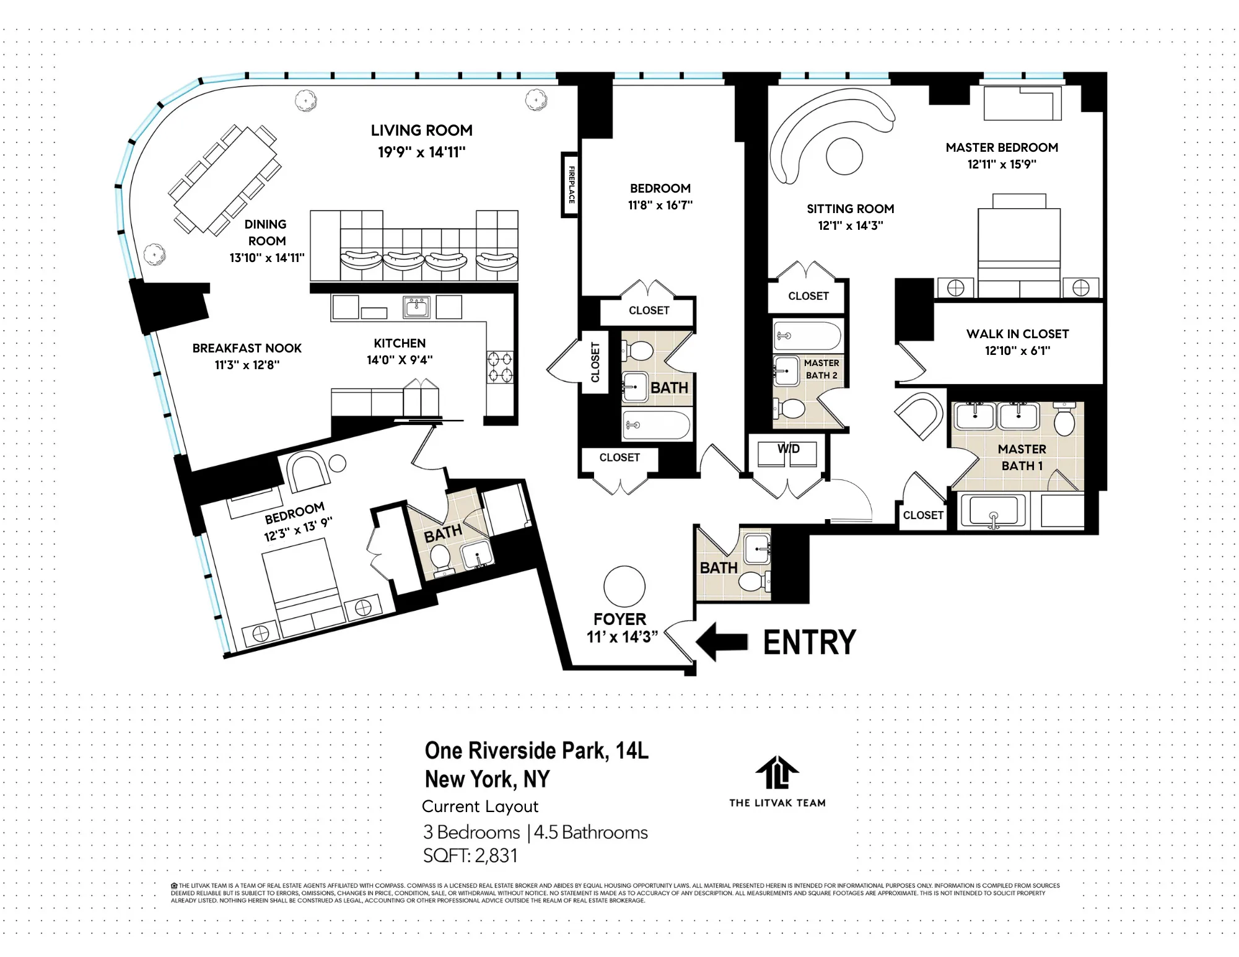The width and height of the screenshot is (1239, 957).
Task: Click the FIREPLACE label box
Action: (x=571, y=185)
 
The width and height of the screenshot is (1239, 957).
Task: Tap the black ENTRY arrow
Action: (x=722, y=642)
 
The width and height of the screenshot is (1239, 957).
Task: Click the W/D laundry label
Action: (x=788, y=449)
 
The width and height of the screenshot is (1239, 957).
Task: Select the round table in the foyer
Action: (x=624, y=586)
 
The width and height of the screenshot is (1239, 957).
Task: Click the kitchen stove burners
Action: (x=499, y=367)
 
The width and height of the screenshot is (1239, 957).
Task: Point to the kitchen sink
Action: (x=416, y=307)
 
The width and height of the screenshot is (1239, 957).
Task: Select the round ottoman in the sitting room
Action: (x=844, y=156)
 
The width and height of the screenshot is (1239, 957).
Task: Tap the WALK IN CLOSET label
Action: (x=1017, y=334)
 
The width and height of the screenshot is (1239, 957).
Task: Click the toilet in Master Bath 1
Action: (x=1064, y=421)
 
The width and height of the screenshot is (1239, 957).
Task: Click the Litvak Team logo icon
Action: (x=777, y=772)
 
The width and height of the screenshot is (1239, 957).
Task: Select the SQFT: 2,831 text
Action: (x=470, y=856)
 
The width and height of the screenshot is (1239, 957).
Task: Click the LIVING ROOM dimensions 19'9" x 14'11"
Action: (x=421, y=152)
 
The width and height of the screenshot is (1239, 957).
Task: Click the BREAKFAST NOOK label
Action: (x=247, y=348)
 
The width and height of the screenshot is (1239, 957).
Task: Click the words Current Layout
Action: (x=479, y=806)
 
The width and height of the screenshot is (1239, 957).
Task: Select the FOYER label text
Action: (x=619, y=619)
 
